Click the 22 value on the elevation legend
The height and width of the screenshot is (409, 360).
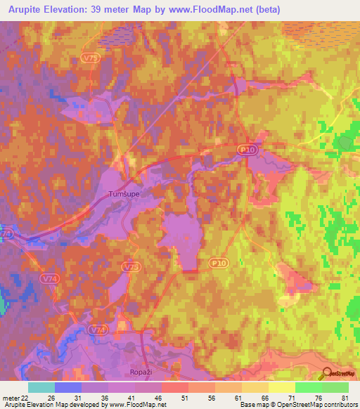coord(24,396)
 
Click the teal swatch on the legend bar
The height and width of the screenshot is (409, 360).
coord(41,387)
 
